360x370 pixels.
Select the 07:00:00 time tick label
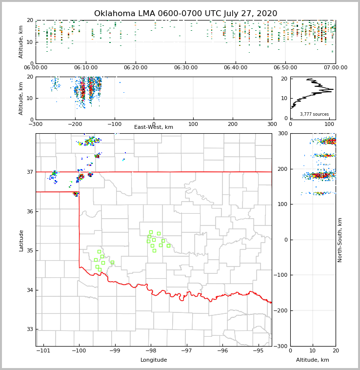pyautogui.click(x=335, y=68)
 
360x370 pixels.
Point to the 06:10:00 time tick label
pyautogui.click(x=85, y=68)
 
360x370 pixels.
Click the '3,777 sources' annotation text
pyautogui.click(x=314, y=114)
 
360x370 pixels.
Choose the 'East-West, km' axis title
pyautogui.click(x=154, y=127)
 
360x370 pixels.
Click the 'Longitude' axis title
pyautogui.click(x=154, y=360)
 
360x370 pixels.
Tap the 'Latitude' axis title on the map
pyautogui.click(x=21, y=240)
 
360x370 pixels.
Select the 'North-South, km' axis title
pyautogui.click(x=340, y=240)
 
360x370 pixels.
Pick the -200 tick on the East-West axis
pyautogui.click(x=75, y=124)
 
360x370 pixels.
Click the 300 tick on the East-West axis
pyautogui.click(x=272, y=124)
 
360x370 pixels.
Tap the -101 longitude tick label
pyautogui.click(x=43, y=351)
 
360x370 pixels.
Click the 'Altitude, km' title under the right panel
pyautogui.click(x=313, y=360)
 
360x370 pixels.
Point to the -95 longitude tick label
pyautogui.click(x=258, y=351)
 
